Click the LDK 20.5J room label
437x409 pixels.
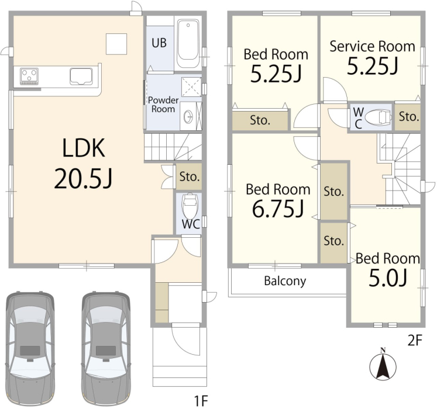click(x=84, y=163)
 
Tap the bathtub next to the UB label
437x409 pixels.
click(x=188, y=43)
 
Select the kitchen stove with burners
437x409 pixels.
click(x=29, y=76)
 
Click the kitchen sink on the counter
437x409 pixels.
click(x=81, y=76)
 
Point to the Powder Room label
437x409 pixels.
click(x=163, y=105)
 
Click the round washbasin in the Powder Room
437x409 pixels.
click(x=189, y=116)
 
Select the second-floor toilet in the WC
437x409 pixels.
click(x=378, y=116)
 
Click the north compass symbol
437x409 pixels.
click(x=383, y=364)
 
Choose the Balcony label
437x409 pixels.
click(x=285, y=281)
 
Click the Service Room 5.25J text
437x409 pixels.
click(x=372, y=58)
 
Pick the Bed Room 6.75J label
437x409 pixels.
click(x=278, y=200)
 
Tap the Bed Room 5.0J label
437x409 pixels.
click(x=388, y=269)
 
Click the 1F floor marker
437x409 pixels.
click(x=201, y=400)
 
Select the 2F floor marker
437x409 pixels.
click(x=415, y=340)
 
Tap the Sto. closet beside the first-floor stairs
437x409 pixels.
click(x=189, y=176)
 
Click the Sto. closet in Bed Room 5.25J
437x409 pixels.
click(x=260, y=120)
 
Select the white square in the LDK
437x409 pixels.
click(x=116, y=44)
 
